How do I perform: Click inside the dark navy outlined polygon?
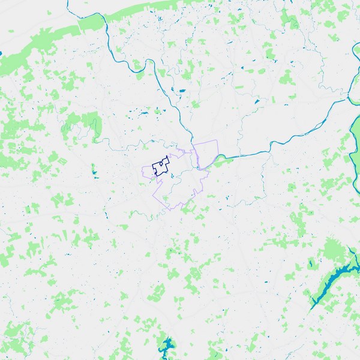pyautogui.click(x=157, y=168)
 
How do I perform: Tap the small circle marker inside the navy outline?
pyautogui.click(x=161, y=163)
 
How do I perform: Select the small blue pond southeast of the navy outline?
pyautogui.click(x=172, y=176)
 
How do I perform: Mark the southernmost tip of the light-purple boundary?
pyautogui.click(x=171, y=209)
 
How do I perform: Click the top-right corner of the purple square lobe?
pyautogui.click(x=215, y=141)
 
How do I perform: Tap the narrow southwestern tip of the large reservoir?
pyautogui.click(x=312, y=306)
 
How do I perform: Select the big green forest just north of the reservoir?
pyautogui.click(x=333, y=249)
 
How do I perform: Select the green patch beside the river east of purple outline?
pyautogui.click(x=220, y=159)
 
